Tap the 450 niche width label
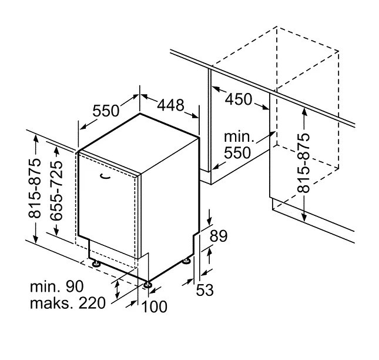[239, 99]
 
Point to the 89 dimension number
[218, 236]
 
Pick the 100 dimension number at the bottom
[155, 306]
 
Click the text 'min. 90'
[56, 286]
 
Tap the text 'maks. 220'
[67, 304]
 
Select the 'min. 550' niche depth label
[238, 145]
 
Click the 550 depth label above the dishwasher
[106, 111]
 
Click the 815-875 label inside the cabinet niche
[303, 162]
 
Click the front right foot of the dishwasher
[148, 286]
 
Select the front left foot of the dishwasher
[94, 262]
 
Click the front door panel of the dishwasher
[109, 206]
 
